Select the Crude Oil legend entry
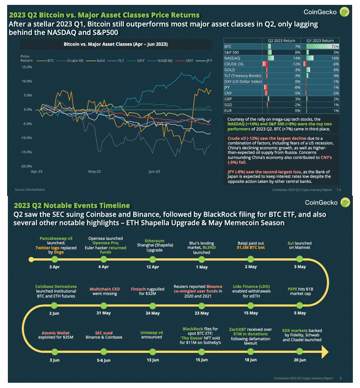pyautogui.click(x=75, y=60)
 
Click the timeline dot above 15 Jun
pyautogui.click(x=201, y=352)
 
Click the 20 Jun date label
pyautogui.click(x=300, y=360)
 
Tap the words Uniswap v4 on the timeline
pyautogui.click(x=151, y=333)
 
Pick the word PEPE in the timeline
pyautogui.click(x=292, y=289)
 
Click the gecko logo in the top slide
pyautogui.click(x=344, y=12)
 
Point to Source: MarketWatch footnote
pyautogui.click(x=30, y=190)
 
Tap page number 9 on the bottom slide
pyautogui.click(x=341, y=378)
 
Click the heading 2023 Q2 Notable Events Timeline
pyautogui.click(x=72, y=205)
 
